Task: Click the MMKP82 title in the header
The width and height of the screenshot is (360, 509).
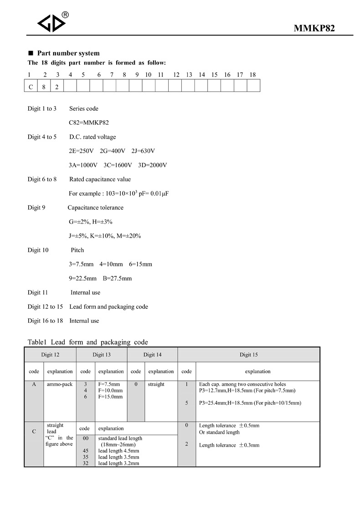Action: tap(314, 29)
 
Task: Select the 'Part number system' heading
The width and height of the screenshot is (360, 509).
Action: tap(68, 53)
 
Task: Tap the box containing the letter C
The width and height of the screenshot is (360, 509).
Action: tap(31, 86)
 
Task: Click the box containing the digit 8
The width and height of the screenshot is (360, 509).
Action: tap(44, 86)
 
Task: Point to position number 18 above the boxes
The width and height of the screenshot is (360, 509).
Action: tap(252, 75)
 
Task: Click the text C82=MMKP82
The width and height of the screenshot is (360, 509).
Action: tap(89, 122)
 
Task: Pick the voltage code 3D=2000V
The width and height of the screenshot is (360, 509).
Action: tap(153, 165)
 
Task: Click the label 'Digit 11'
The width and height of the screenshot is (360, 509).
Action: tap(38, 292)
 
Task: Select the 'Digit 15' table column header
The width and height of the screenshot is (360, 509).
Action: tap(249, 355)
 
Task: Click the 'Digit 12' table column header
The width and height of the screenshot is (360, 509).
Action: tap(50, 355)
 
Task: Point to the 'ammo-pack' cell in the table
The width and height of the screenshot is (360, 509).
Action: tap(60, 384)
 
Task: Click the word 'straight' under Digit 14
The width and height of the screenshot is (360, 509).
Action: tap(156, 384)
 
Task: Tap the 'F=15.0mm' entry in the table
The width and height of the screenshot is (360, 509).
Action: tap(111, 397)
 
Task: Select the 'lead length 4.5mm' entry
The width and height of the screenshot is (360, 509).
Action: tap(118, 451)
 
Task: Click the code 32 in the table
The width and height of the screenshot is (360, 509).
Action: tap(85, 463)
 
